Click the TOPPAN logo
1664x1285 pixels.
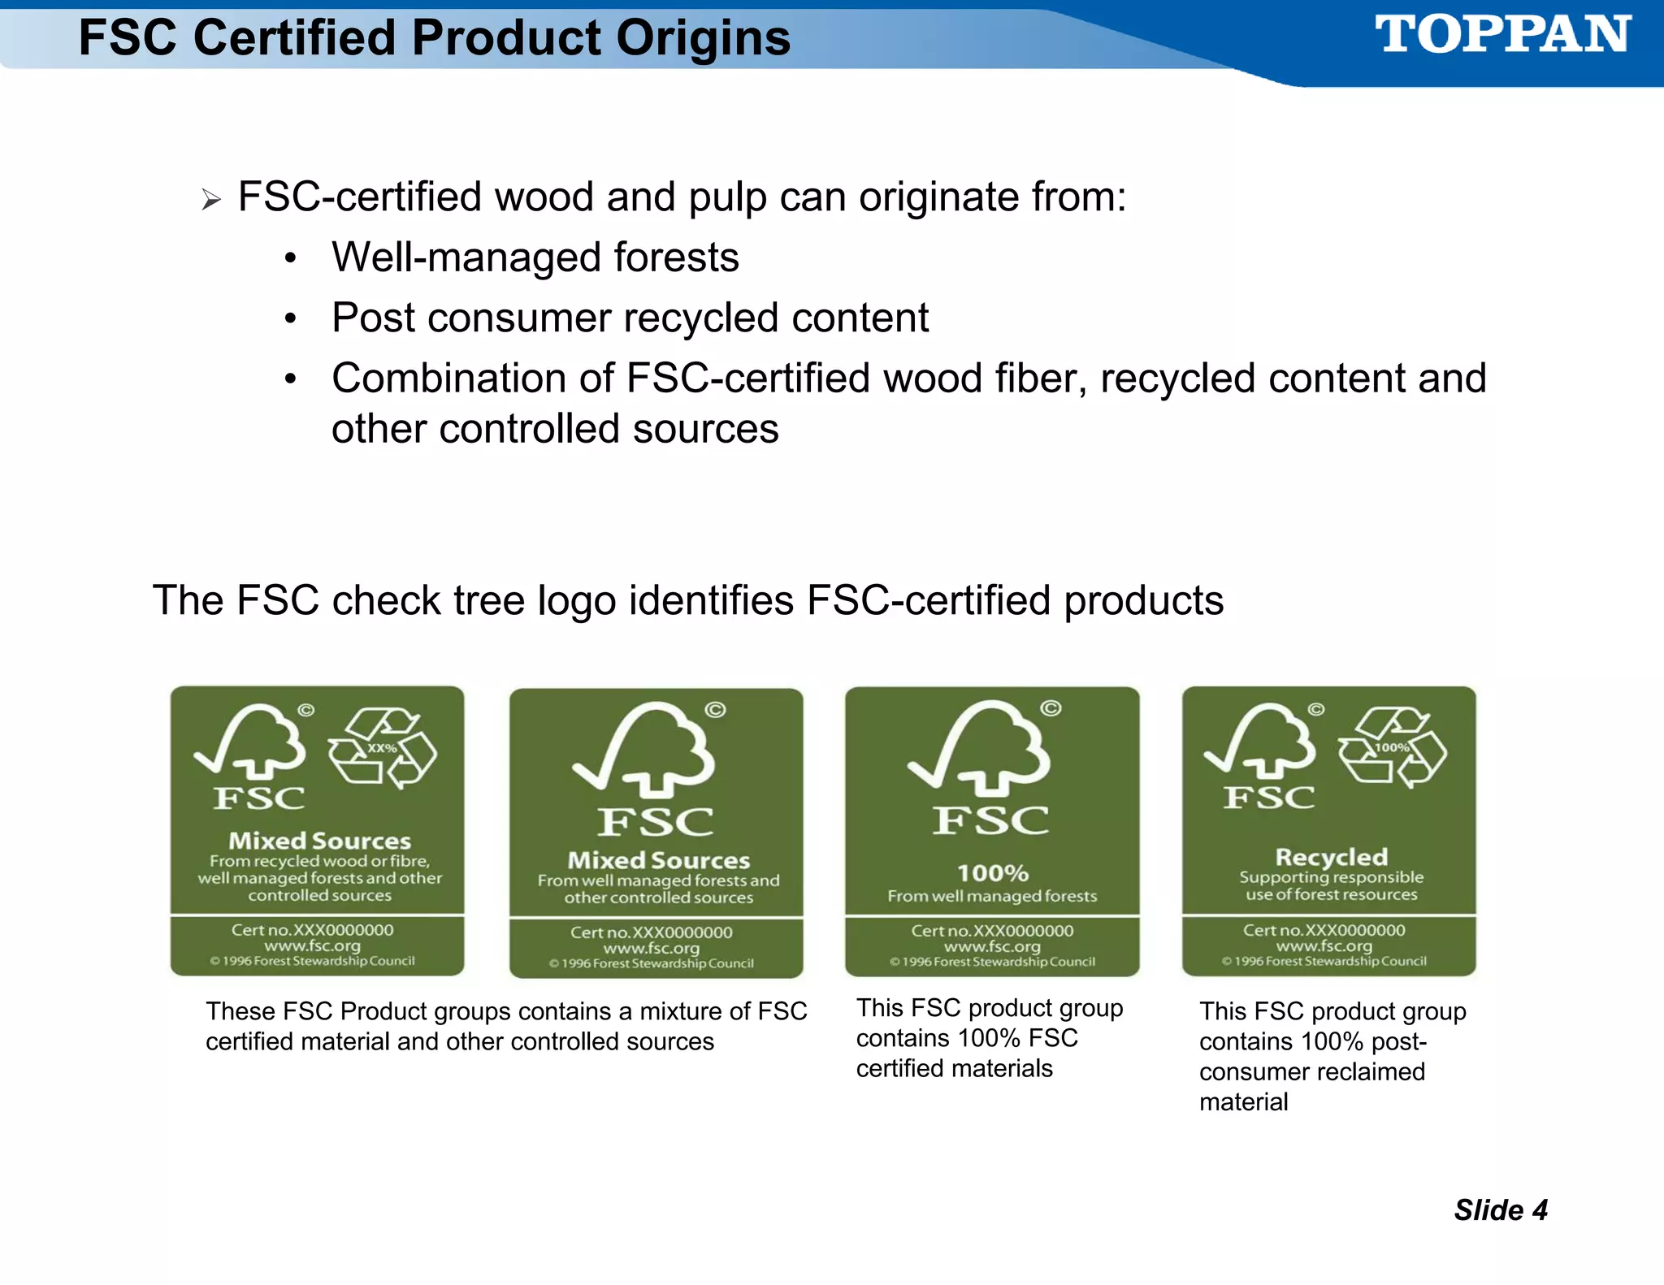tap(1502, 35)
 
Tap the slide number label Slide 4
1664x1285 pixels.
tap(1501, 1210)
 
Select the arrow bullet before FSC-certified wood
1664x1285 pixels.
tap(211, 199)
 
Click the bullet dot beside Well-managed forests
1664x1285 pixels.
tap(291, 259)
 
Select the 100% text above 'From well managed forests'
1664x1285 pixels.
tap(992, 873)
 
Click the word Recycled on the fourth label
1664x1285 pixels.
tap(1331, 857)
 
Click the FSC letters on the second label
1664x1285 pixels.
tap(656, 822)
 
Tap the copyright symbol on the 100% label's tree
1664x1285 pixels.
tap(1051, 708)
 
